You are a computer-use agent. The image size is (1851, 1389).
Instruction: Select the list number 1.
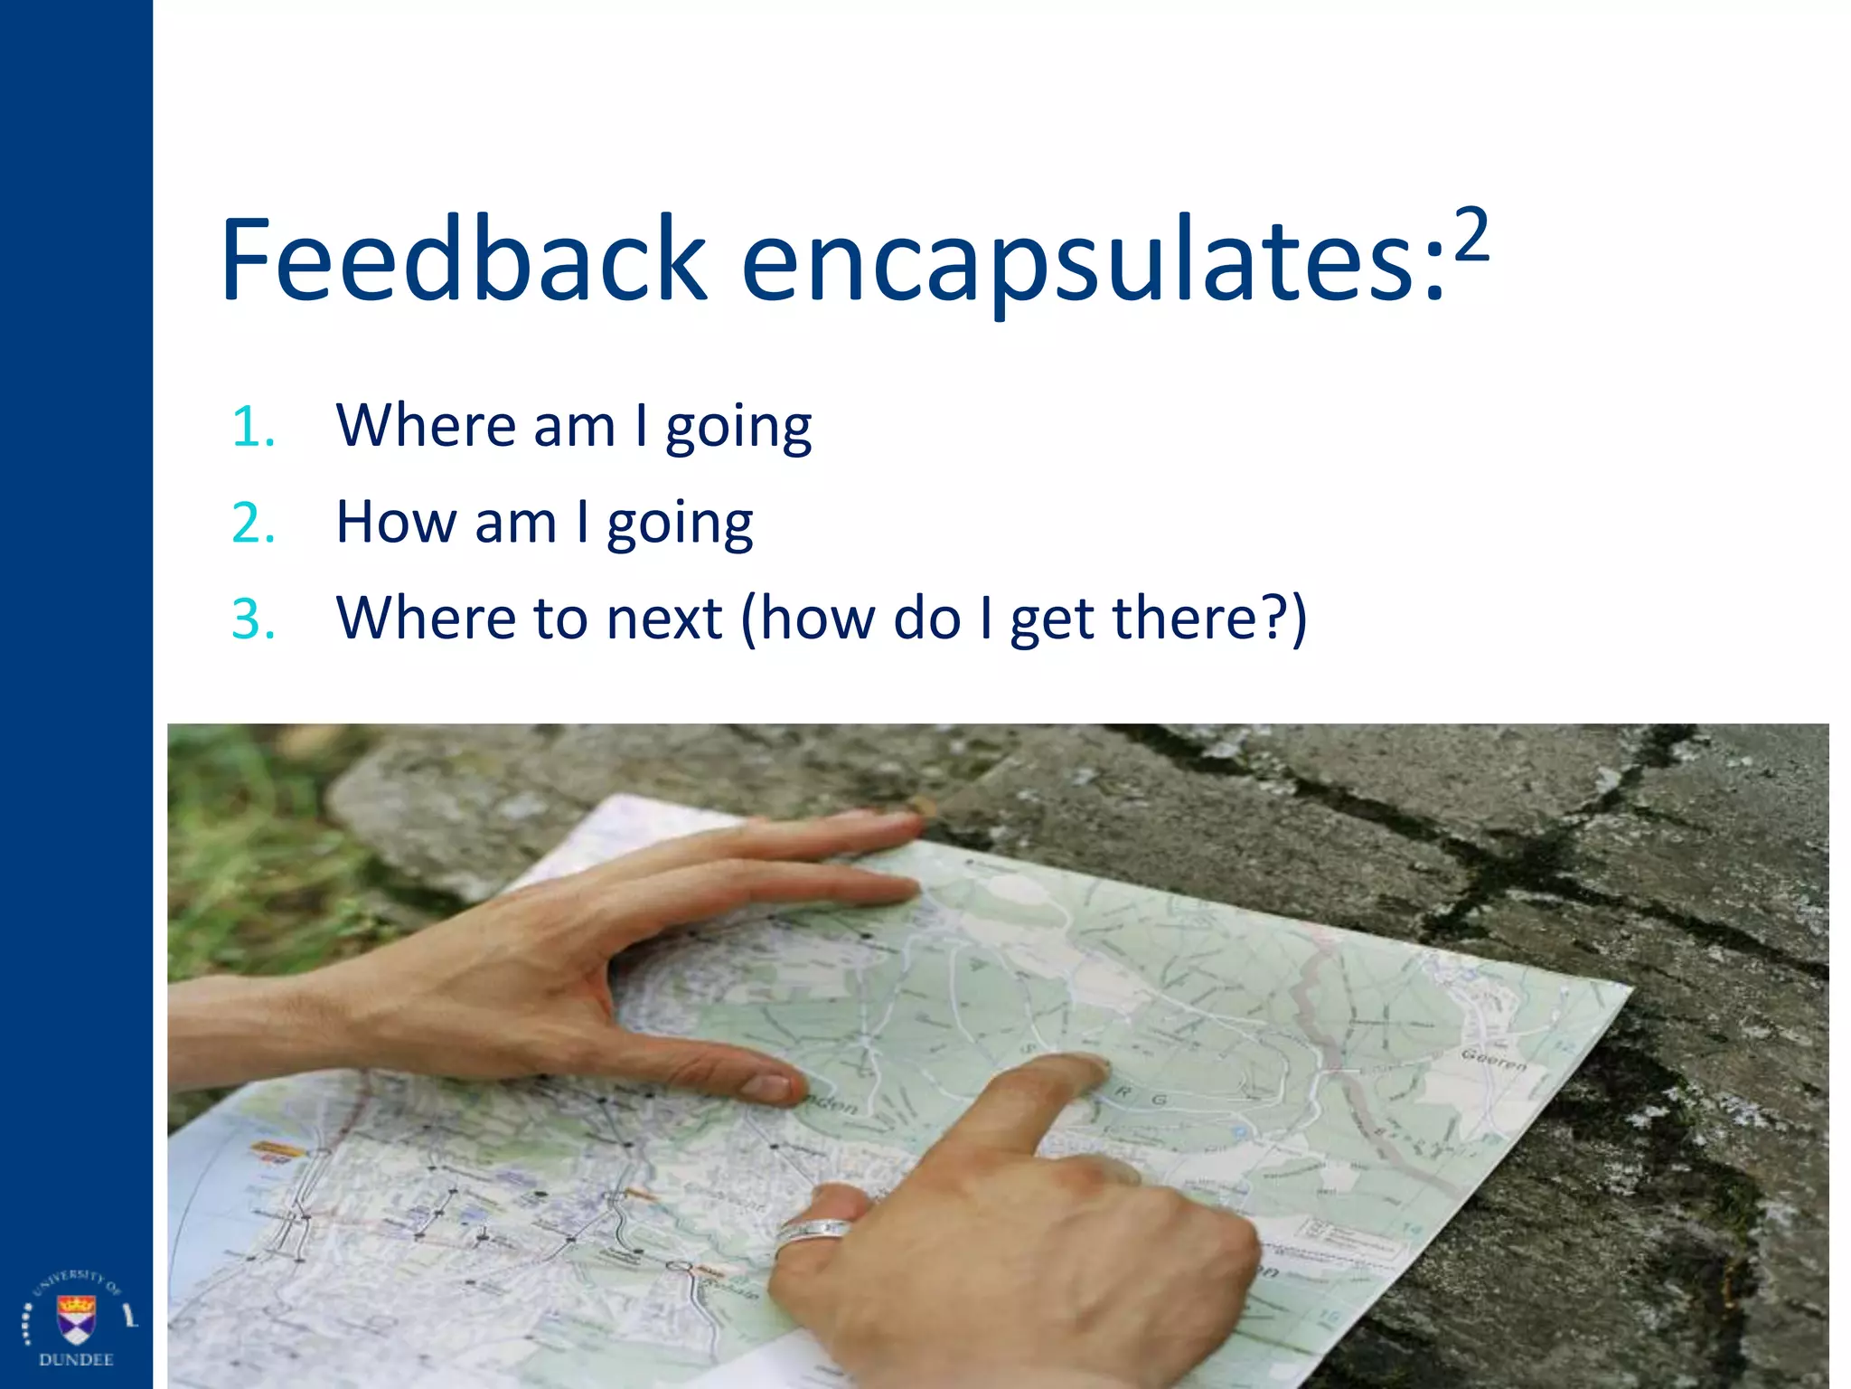[x=252, y=427]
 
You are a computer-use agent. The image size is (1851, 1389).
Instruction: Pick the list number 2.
[x=253, y=524]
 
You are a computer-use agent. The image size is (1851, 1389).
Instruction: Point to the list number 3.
[x=253, y=619]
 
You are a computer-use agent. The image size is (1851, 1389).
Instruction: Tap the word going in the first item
[x=738, y=428]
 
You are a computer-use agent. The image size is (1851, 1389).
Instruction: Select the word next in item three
[x=664, y=619]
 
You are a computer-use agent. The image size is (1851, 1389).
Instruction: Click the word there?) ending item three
[x=1209, y=619]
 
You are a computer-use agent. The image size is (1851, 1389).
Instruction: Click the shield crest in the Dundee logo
[x=76, y=1318]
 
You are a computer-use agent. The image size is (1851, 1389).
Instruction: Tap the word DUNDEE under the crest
[x=76, y=1360]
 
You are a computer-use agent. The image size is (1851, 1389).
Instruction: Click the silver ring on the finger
[x=813, y=1232]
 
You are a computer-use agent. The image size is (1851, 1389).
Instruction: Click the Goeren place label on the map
[x=1493, y=1060]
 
